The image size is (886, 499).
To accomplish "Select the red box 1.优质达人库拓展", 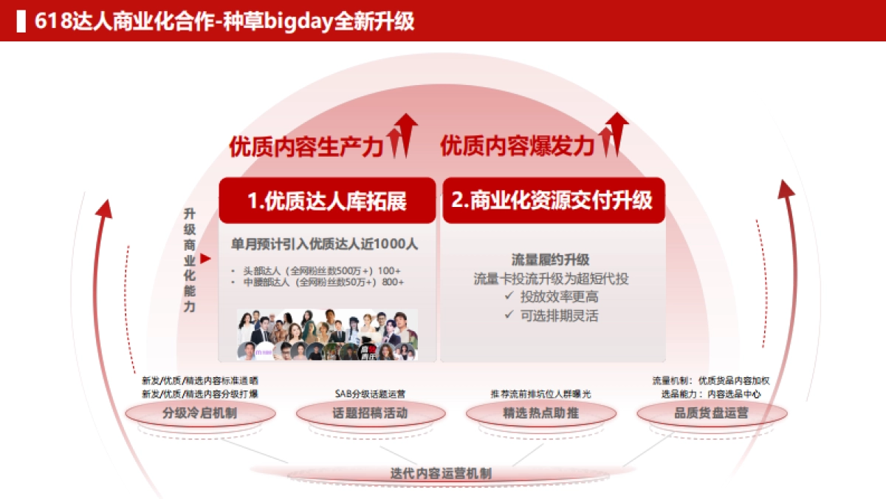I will tap(327, 200).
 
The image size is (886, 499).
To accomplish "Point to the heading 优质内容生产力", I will tap(306, 146).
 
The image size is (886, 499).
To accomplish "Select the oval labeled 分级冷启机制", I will tap(199, 413).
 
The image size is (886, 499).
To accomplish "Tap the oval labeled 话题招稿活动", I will tap(370, 413).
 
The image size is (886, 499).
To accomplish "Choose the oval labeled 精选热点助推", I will tap(540, 413).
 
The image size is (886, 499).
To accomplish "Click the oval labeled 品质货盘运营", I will tap(711, 413).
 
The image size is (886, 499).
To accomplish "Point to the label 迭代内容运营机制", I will tap(441, 473).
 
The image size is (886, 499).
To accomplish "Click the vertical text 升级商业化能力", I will tap(190, 259).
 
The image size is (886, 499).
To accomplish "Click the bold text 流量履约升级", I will tap(550, 259).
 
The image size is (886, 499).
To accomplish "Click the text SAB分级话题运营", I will tap(370, 394).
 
